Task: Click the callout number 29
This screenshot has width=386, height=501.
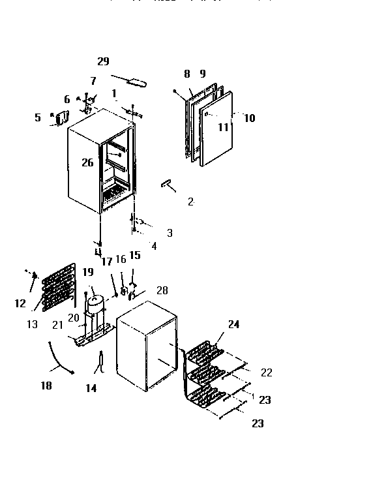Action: tap(103, 61)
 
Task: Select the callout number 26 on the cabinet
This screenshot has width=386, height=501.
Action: tap(88, 162)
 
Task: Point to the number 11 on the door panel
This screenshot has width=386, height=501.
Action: tap(224, 127)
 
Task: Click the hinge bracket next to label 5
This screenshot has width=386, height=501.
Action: tap(63, 118)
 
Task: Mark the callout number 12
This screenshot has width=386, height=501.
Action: tap(20, 303)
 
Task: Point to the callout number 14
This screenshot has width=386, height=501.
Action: tap(91, 388)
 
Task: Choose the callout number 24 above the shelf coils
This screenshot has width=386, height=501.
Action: tap(233, 324)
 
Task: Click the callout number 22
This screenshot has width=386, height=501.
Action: tap(266, 372)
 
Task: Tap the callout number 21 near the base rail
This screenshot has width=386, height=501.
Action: tap(58, 325)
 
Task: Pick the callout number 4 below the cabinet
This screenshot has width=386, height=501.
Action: tap(154, 246)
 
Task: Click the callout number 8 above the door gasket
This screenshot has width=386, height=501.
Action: tap(186, 74)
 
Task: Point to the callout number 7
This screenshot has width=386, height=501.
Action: tap(93, 81)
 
